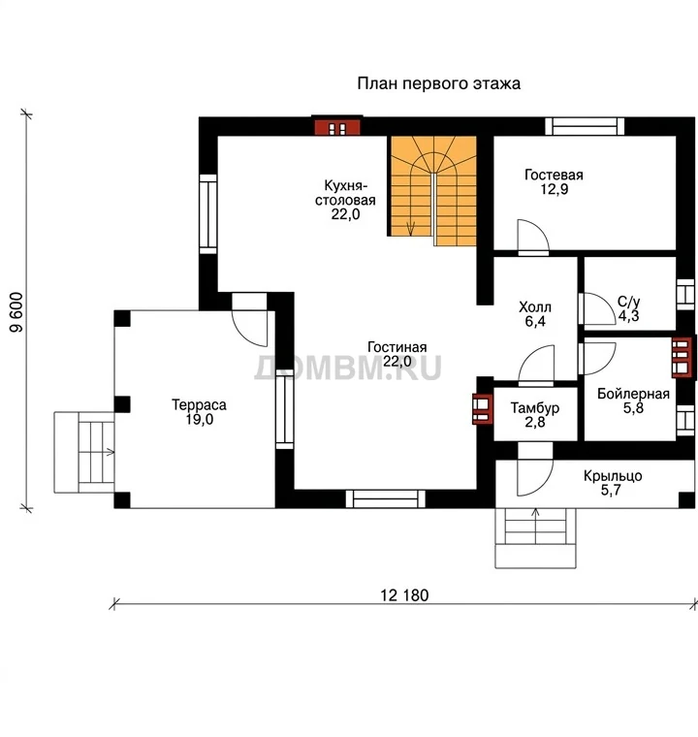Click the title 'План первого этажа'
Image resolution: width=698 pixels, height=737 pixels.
(438, 83)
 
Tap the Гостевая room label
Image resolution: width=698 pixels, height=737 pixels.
(554, 175)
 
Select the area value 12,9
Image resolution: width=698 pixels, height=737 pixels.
(555, 189)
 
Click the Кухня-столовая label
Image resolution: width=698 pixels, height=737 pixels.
(345, 193)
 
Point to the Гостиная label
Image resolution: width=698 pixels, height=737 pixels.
(397, 347)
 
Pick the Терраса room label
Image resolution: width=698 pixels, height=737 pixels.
(199, 404)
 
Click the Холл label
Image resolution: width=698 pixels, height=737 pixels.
(535, 307)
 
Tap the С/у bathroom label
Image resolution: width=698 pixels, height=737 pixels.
(628, 302)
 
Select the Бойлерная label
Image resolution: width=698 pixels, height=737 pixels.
(633, 394)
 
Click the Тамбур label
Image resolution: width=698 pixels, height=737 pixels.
(535, 407)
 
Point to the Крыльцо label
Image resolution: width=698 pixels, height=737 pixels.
(613, 476)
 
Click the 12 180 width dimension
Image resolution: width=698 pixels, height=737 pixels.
(404, 595)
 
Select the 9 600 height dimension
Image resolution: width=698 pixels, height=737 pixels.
(16, 312)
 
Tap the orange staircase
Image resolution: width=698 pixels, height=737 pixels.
(432, 191)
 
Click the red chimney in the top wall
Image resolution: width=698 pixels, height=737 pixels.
(337, 127)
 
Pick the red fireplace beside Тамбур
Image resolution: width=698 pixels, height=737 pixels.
(483, 408)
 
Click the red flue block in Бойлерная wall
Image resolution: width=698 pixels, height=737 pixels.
(682, 358)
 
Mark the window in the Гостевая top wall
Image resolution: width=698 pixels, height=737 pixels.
(585, 126)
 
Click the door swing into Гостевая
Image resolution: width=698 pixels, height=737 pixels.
(532, 236)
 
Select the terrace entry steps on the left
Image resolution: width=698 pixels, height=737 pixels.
(84, 453)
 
